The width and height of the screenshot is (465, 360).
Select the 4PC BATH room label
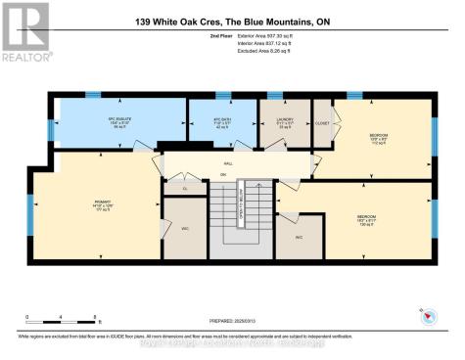pos(222,123)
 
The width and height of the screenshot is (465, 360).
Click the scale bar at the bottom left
pos(60,316)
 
